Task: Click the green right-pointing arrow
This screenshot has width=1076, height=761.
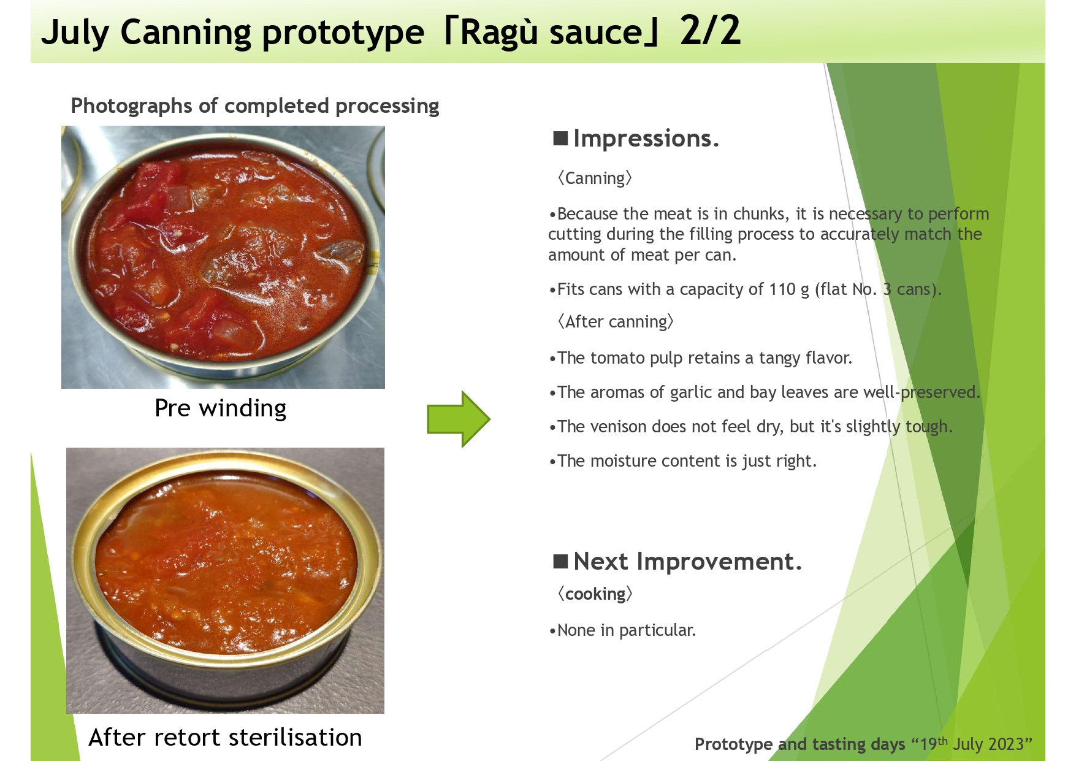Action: click(459, 419)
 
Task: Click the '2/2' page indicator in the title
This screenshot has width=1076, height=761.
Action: click(711, 31)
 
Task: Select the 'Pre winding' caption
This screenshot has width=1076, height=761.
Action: click(221, 408)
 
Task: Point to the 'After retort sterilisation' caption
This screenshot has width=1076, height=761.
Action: click(226, 737)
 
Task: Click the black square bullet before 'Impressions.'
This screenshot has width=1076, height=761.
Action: click(560, 138)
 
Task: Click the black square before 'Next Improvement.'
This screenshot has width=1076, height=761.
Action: click(560, 561)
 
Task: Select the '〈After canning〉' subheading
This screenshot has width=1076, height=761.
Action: click(616, 321)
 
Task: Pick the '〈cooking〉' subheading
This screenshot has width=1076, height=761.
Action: click(595, 594)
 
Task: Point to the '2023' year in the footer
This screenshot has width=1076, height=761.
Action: click(1006, 744)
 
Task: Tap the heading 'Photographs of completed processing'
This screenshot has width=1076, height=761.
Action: click(255, 106)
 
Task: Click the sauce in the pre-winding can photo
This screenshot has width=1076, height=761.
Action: click(227, 251)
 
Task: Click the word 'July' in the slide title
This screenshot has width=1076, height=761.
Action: click(75, 33)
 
